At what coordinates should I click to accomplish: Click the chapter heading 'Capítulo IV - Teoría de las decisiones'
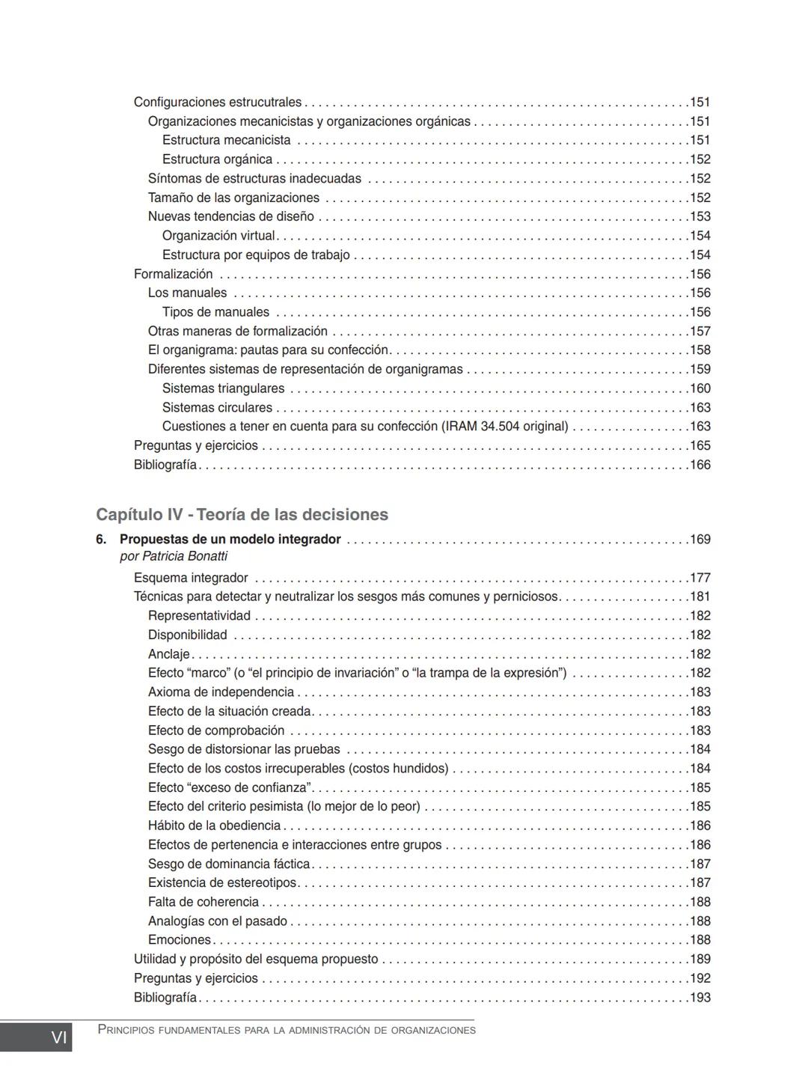(x=242, y=515)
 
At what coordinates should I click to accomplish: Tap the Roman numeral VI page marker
(x=58, y=1037)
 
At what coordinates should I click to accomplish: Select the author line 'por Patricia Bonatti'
(x=174, y=557)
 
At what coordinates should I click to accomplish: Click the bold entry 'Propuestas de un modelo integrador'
(x=230, y=540)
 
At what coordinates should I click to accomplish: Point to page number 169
(x=700, y=540)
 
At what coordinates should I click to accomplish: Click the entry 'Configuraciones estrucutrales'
(x=217, y=103)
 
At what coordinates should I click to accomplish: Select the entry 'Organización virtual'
(x=218, y=236)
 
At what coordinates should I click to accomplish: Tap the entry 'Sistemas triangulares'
(x=223, y=388)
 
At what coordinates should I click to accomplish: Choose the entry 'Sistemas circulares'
(x=217, y=408)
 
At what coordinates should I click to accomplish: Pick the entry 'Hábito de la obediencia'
(x=214, y=826)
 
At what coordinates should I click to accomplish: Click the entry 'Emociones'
(x=180, y=940)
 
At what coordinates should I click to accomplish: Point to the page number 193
(x=700, y=998)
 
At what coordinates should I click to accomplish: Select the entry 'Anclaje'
(x=168, y=654)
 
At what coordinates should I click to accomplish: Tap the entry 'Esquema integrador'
(x=191, y=578)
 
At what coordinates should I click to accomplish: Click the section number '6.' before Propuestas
(x=101, y=540)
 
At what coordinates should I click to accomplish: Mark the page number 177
(x=700, y=578)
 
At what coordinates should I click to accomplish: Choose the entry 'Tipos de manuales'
(x=215, y=312)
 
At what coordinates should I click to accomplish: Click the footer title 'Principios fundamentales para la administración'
(x=287, y=1031)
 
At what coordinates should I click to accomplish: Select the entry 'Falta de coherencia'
(x=203, y=902)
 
